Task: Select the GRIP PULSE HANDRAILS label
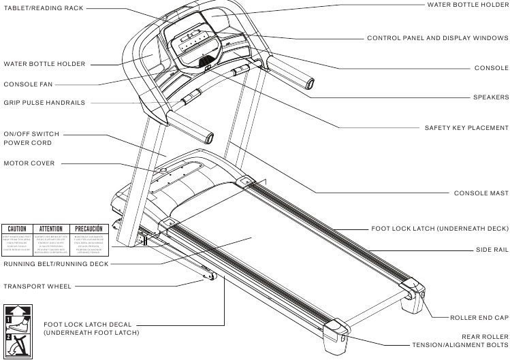[x=44, y=103]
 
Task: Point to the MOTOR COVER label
[x=29, y=163]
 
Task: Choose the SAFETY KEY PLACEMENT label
[x=466, y=127]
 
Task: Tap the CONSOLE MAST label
[x=481, y=193]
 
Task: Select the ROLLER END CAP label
[x=479, y=318]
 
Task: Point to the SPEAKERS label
[x=490, y=97]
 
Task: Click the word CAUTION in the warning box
[x=17, y=229]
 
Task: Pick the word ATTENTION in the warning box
[x=52, y=229]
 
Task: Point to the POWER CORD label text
[x=28, y=143]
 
